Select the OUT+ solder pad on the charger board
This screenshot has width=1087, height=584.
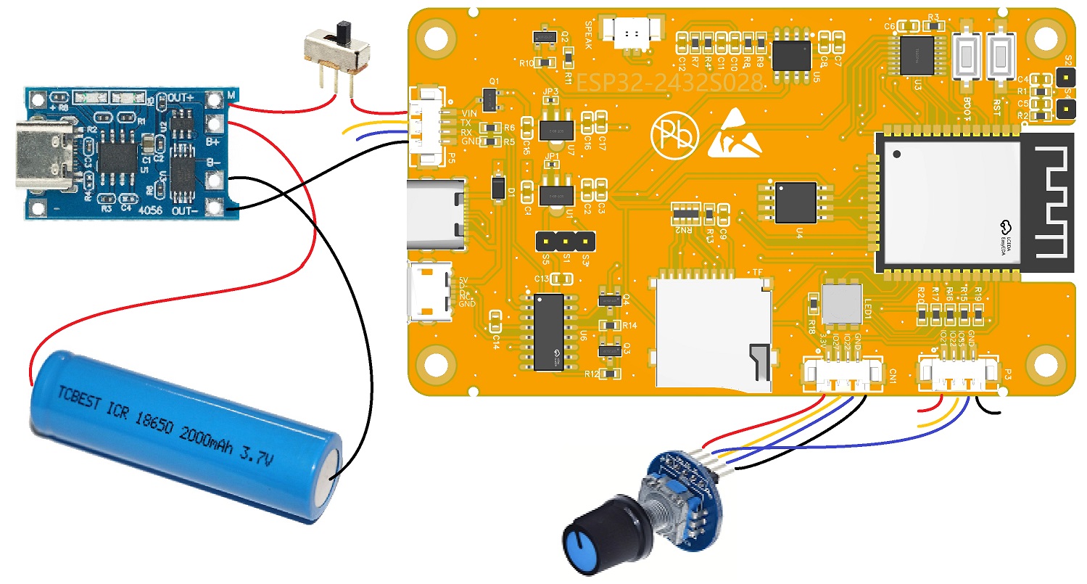pyautogui.click(x=214, y=99)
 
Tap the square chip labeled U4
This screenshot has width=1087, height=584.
pyautogui.click(x=796, y=202)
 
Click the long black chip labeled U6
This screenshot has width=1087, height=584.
pyautogui.click(x=549, y=332)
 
